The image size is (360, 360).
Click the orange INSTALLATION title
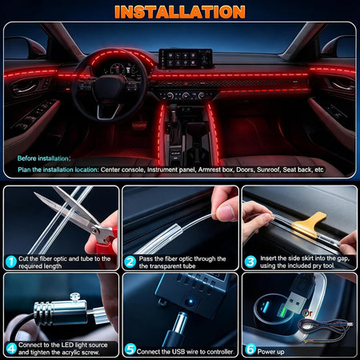180,12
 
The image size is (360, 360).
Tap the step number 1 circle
11,262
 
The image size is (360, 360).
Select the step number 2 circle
130,262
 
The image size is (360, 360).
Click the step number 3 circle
250,262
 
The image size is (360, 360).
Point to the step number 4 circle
11,349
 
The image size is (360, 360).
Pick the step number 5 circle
130,349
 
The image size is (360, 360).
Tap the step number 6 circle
250,349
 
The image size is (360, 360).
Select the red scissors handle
106,242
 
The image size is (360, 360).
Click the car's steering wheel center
109,88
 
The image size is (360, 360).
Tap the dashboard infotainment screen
186,58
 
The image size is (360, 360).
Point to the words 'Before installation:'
44,158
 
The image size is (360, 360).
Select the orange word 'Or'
307,313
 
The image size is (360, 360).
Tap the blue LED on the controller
190,302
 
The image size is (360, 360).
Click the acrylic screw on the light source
75,297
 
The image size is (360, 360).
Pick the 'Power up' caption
270,352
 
